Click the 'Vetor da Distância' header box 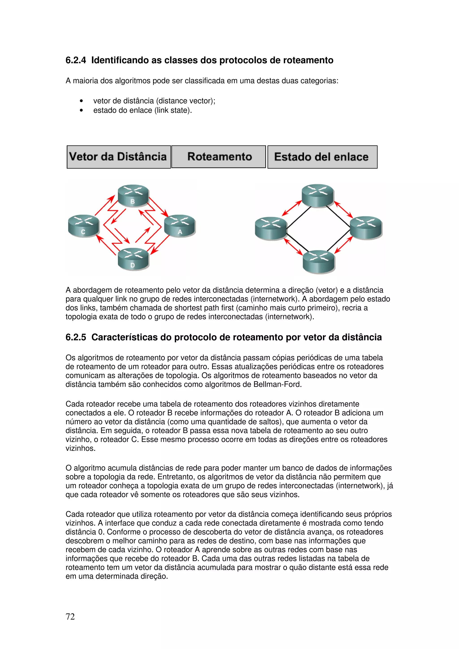point(119,157)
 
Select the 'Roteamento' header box point(219,157)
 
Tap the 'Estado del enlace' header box point(322,157)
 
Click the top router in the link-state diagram point(318,195)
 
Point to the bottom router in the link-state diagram point(319,262)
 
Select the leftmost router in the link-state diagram point(271,228)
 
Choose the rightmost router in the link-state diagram point(366,228)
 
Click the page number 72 point(70,617)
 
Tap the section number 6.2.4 point(76,60)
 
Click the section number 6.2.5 point(76,337)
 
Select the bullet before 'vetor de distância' point(81,101)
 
